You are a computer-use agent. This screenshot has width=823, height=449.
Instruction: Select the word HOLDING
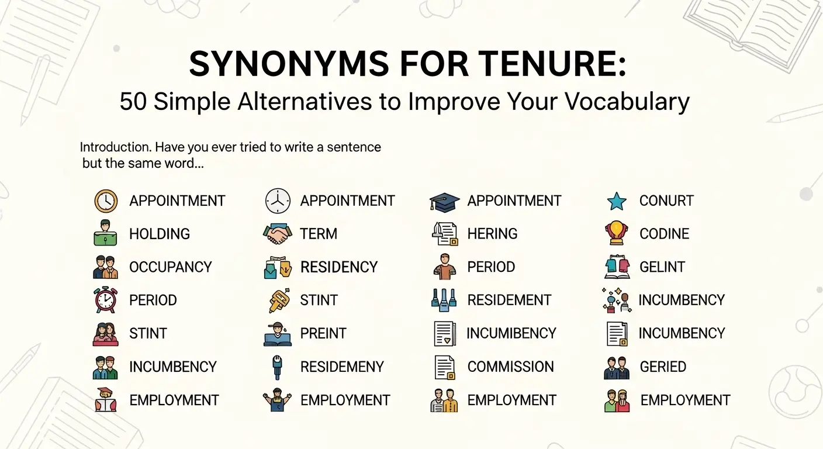tap(160, 234)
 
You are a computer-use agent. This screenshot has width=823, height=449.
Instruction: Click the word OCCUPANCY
tap(170, 267)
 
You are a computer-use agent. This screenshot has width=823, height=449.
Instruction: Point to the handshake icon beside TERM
tap(278, 234)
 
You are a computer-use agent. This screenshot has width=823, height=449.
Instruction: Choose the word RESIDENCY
tap(339, 267)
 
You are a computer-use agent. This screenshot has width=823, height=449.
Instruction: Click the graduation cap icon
tap(445, 202)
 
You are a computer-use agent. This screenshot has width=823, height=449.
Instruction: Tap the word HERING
tap(492, 234)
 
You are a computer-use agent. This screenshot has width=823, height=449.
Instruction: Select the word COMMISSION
tap(510, 367)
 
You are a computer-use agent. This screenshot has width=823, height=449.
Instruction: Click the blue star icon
tap(617, 202)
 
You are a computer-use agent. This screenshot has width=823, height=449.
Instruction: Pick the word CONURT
tap(666, 201)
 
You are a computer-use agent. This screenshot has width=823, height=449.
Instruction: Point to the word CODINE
tap(664, 234)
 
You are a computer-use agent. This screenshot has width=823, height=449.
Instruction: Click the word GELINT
tap(662, 267)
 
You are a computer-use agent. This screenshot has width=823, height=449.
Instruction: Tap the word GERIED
tap(663, 367)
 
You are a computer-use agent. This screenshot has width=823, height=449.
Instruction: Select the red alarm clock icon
tap(106, 300)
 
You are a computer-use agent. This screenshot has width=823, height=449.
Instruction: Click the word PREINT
tap(323, 334)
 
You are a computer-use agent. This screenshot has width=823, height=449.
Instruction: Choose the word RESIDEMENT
tap(509, 301)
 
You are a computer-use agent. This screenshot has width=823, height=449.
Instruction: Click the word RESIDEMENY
tap(342, 367)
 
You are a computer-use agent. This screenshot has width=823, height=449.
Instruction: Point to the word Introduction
tap(113, 147)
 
